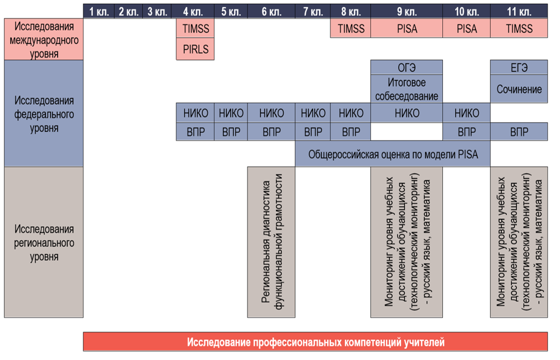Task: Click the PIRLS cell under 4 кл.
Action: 195,49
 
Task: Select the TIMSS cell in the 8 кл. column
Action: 351,29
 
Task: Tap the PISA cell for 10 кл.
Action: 466,29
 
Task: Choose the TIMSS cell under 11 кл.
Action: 519,29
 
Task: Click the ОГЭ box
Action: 406,67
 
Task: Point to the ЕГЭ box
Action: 519,67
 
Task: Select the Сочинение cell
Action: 519,89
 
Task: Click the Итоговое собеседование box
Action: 406,89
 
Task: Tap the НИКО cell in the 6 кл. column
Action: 272,113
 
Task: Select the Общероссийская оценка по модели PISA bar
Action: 393,154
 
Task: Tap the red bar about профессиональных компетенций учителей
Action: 315,342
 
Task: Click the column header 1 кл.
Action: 99,11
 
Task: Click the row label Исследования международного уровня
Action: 44,40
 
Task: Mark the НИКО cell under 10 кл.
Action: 466,113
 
